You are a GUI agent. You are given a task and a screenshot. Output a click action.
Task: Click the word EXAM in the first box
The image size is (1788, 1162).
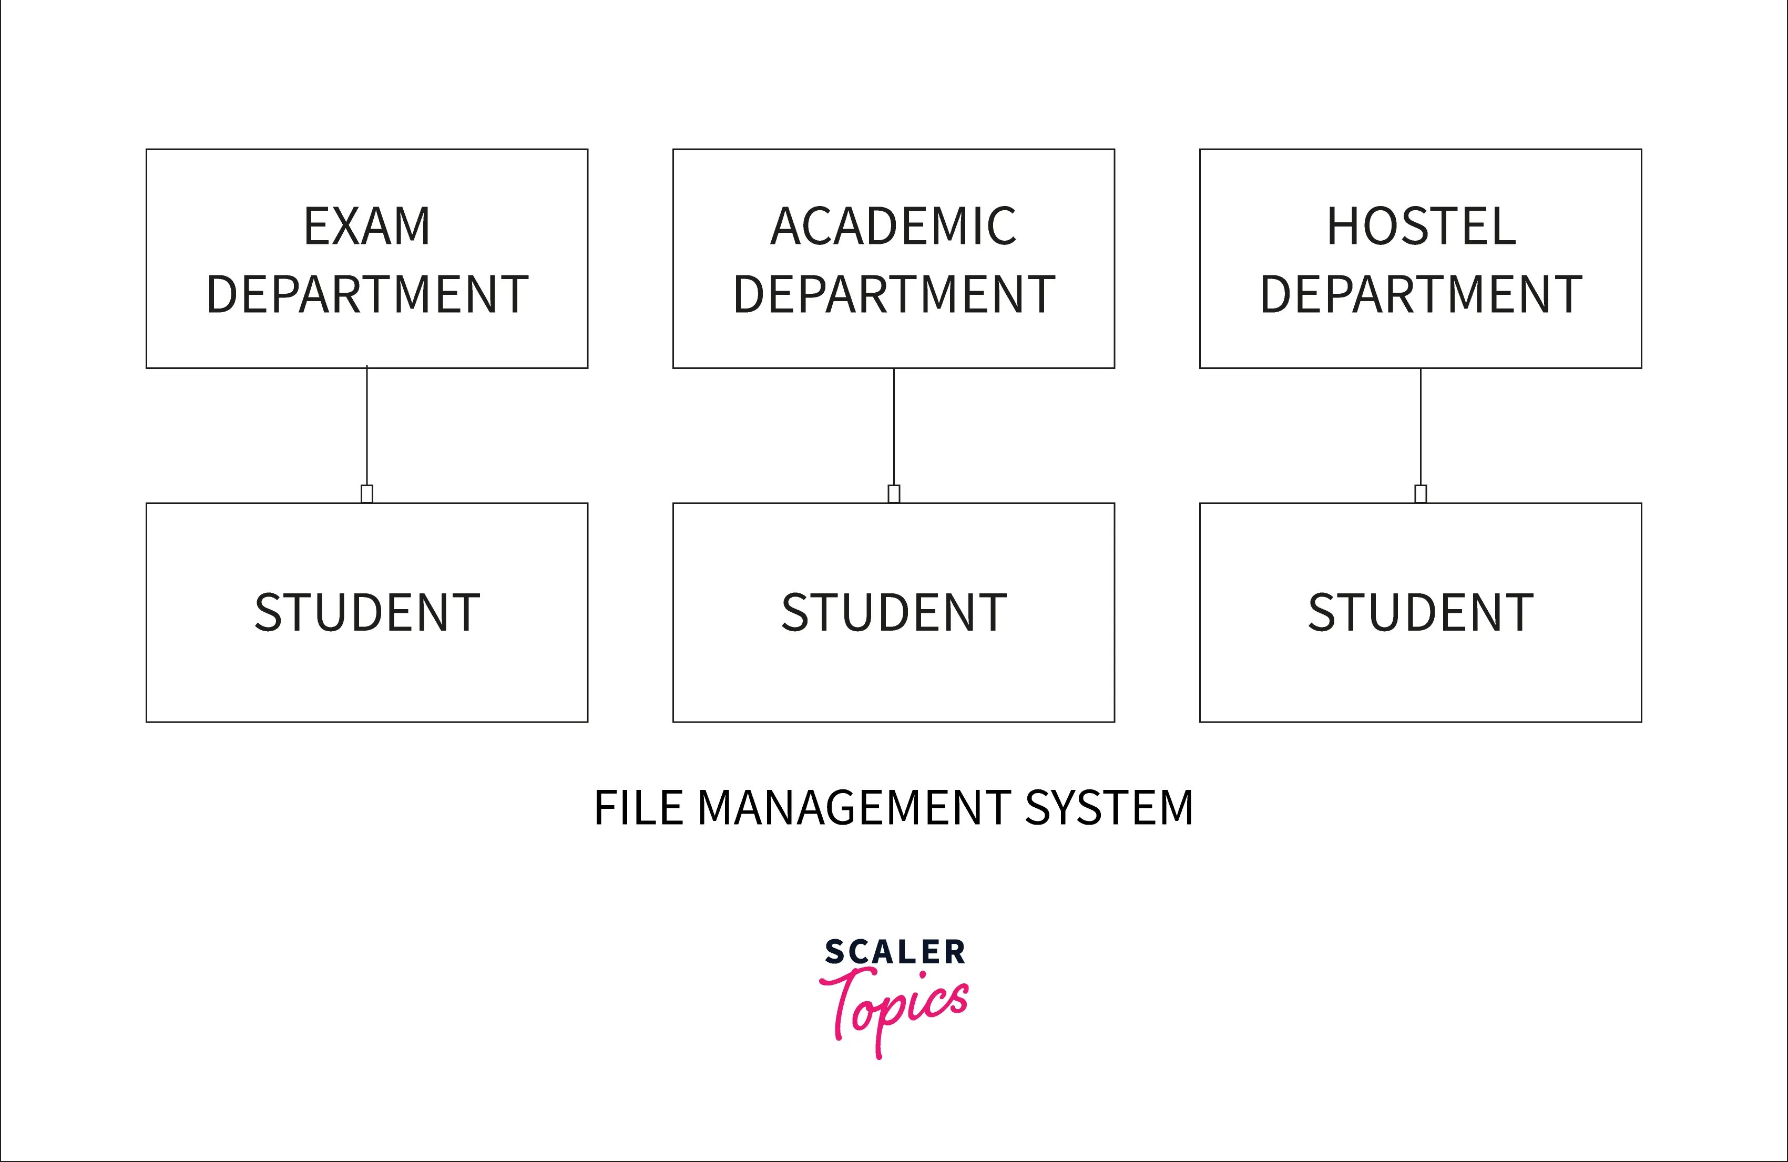[x=366, y=226]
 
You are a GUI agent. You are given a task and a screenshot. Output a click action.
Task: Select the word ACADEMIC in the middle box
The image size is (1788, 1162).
[x=893, y=226]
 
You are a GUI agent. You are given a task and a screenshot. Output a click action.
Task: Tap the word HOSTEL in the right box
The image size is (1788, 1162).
[x=1421, y=226]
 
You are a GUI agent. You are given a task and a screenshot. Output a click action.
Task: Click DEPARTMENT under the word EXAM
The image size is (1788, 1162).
[x=366, y=294]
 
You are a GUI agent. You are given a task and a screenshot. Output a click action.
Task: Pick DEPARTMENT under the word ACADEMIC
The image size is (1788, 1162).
[x=893, y=294]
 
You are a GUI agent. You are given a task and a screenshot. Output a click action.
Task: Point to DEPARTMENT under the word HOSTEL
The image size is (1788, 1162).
[x=1421, y=294]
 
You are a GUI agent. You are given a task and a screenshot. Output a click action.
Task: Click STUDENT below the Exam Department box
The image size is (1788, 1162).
[x=366, y=613]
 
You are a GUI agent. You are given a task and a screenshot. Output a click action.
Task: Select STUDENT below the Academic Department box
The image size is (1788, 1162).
[x=893, y=613]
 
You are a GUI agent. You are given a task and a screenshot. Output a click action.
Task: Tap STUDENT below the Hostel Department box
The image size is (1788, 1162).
[x=1421, y=613]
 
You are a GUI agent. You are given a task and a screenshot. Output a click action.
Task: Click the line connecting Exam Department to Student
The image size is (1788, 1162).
[x=366, y=427]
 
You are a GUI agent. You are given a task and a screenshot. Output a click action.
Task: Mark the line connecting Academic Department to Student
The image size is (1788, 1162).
[x=894, y=427]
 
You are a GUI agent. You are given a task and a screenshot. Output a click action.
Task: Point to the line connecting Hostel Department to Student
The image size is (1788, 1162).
[x=1421, y=427]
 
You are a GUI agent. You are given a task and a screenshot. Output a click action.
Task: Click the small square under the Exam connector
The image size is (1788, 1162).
[x=366, y=493]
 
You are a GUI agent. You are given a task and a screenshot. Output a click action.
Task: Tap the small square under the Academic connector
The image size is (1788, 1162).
[x=894, y=493]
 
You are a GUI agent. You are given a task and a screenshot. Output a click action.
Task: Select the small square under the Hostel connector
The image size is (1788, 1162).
[x=1421, y=493]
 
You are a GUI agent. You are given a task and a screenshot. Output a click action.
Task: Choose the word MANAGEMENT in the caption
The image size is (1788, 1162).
[x=853, y=809]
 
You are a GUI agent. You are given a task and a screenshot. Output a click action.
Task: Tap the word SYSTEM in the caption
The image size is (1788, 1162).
[x=1109, y=809]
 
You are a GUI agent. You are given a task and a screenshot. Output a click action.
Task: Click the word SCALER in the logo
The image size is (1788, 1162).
[x=894, y=952]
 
